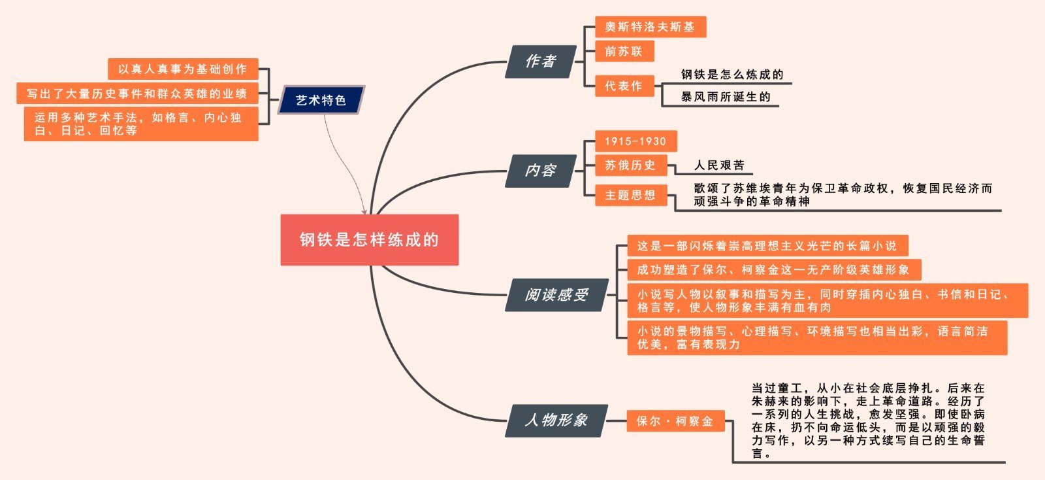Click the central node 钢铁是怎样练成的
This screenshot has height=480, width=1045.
369,240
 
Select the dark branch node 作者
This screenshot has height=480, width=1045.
540,61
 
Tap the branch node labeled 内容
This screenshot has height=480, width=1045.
540,171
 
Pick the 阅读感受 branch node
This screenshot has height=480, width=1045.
556,295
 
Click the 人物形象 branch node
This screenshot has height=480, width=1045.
556,420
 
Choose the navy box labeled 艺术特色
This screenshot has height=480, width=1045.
321,100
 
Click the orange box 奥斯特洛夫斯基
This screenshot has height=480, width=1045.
650,27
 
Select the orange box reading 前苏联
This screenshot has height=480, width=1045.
624,51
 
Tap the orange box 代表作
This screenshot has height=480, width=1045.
624,86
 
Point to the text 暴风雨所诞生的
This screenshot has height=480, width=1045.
726,97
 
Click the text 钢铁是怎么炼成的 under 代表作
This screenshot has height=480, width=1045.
732,75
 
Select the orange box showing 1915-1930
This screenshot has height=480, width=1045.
635,141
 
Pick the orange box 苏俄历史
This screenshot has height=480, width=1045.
630,165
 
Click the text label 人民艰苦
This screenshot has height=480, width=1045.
719,165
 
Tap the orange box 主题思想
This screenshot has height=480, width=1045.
630,195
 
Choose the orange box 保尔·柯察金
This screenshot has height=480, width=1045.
675,421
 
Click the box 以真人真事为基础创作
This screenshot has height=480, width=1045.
183,69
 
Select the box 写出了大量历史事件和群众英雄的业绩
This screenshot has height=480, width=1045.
137,94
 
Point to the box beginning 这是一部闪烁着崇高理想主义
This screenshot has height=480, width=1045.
767,246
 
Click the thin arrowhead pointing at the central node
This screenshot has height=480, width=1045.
365,211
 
